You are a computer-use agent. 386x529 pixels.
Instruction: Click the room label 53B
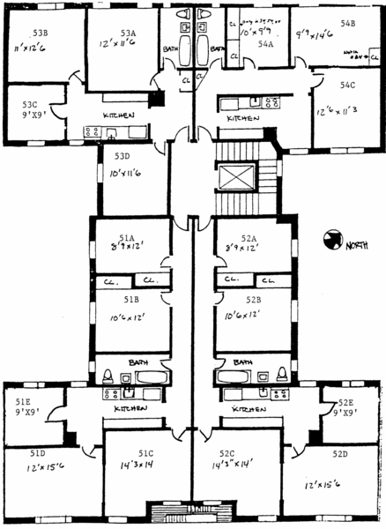[40, 34]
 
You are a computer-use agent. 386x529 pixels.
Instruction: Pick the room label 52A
[246, 238]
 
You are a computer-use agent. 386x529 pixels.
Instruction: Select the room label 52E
[345, 402]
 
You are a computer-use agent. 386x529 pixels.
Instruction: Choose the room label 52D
[340, 453]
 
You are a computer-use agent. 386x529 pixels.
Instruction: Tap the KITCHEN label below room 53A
[117, 116]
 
